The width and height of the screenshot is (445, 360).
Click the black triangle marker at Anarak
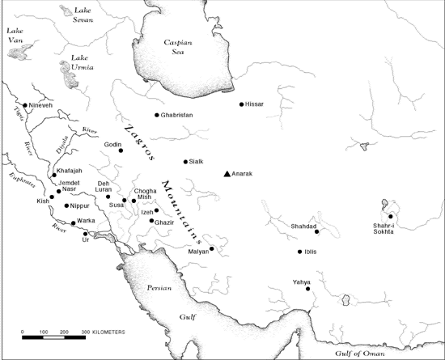pos(227,174)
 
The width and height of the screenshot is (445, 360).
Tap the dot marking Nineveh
pos(25,105)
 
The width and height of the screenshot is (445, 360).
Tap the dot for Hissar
pos(242,104)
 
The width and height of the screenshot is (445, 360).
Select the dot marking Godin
pos(121,150)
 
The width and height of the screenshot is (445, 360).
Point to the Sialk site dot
pos(186,162)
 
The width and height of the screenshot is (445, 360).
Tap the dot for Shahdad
pos(317,232)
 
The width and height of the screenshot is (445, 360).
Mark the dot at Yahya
pos(308,289)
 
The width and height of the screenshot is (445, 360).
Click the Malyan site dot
pos(212,249)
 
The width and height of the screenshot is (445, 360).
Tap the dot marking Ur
pos(85,234)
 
